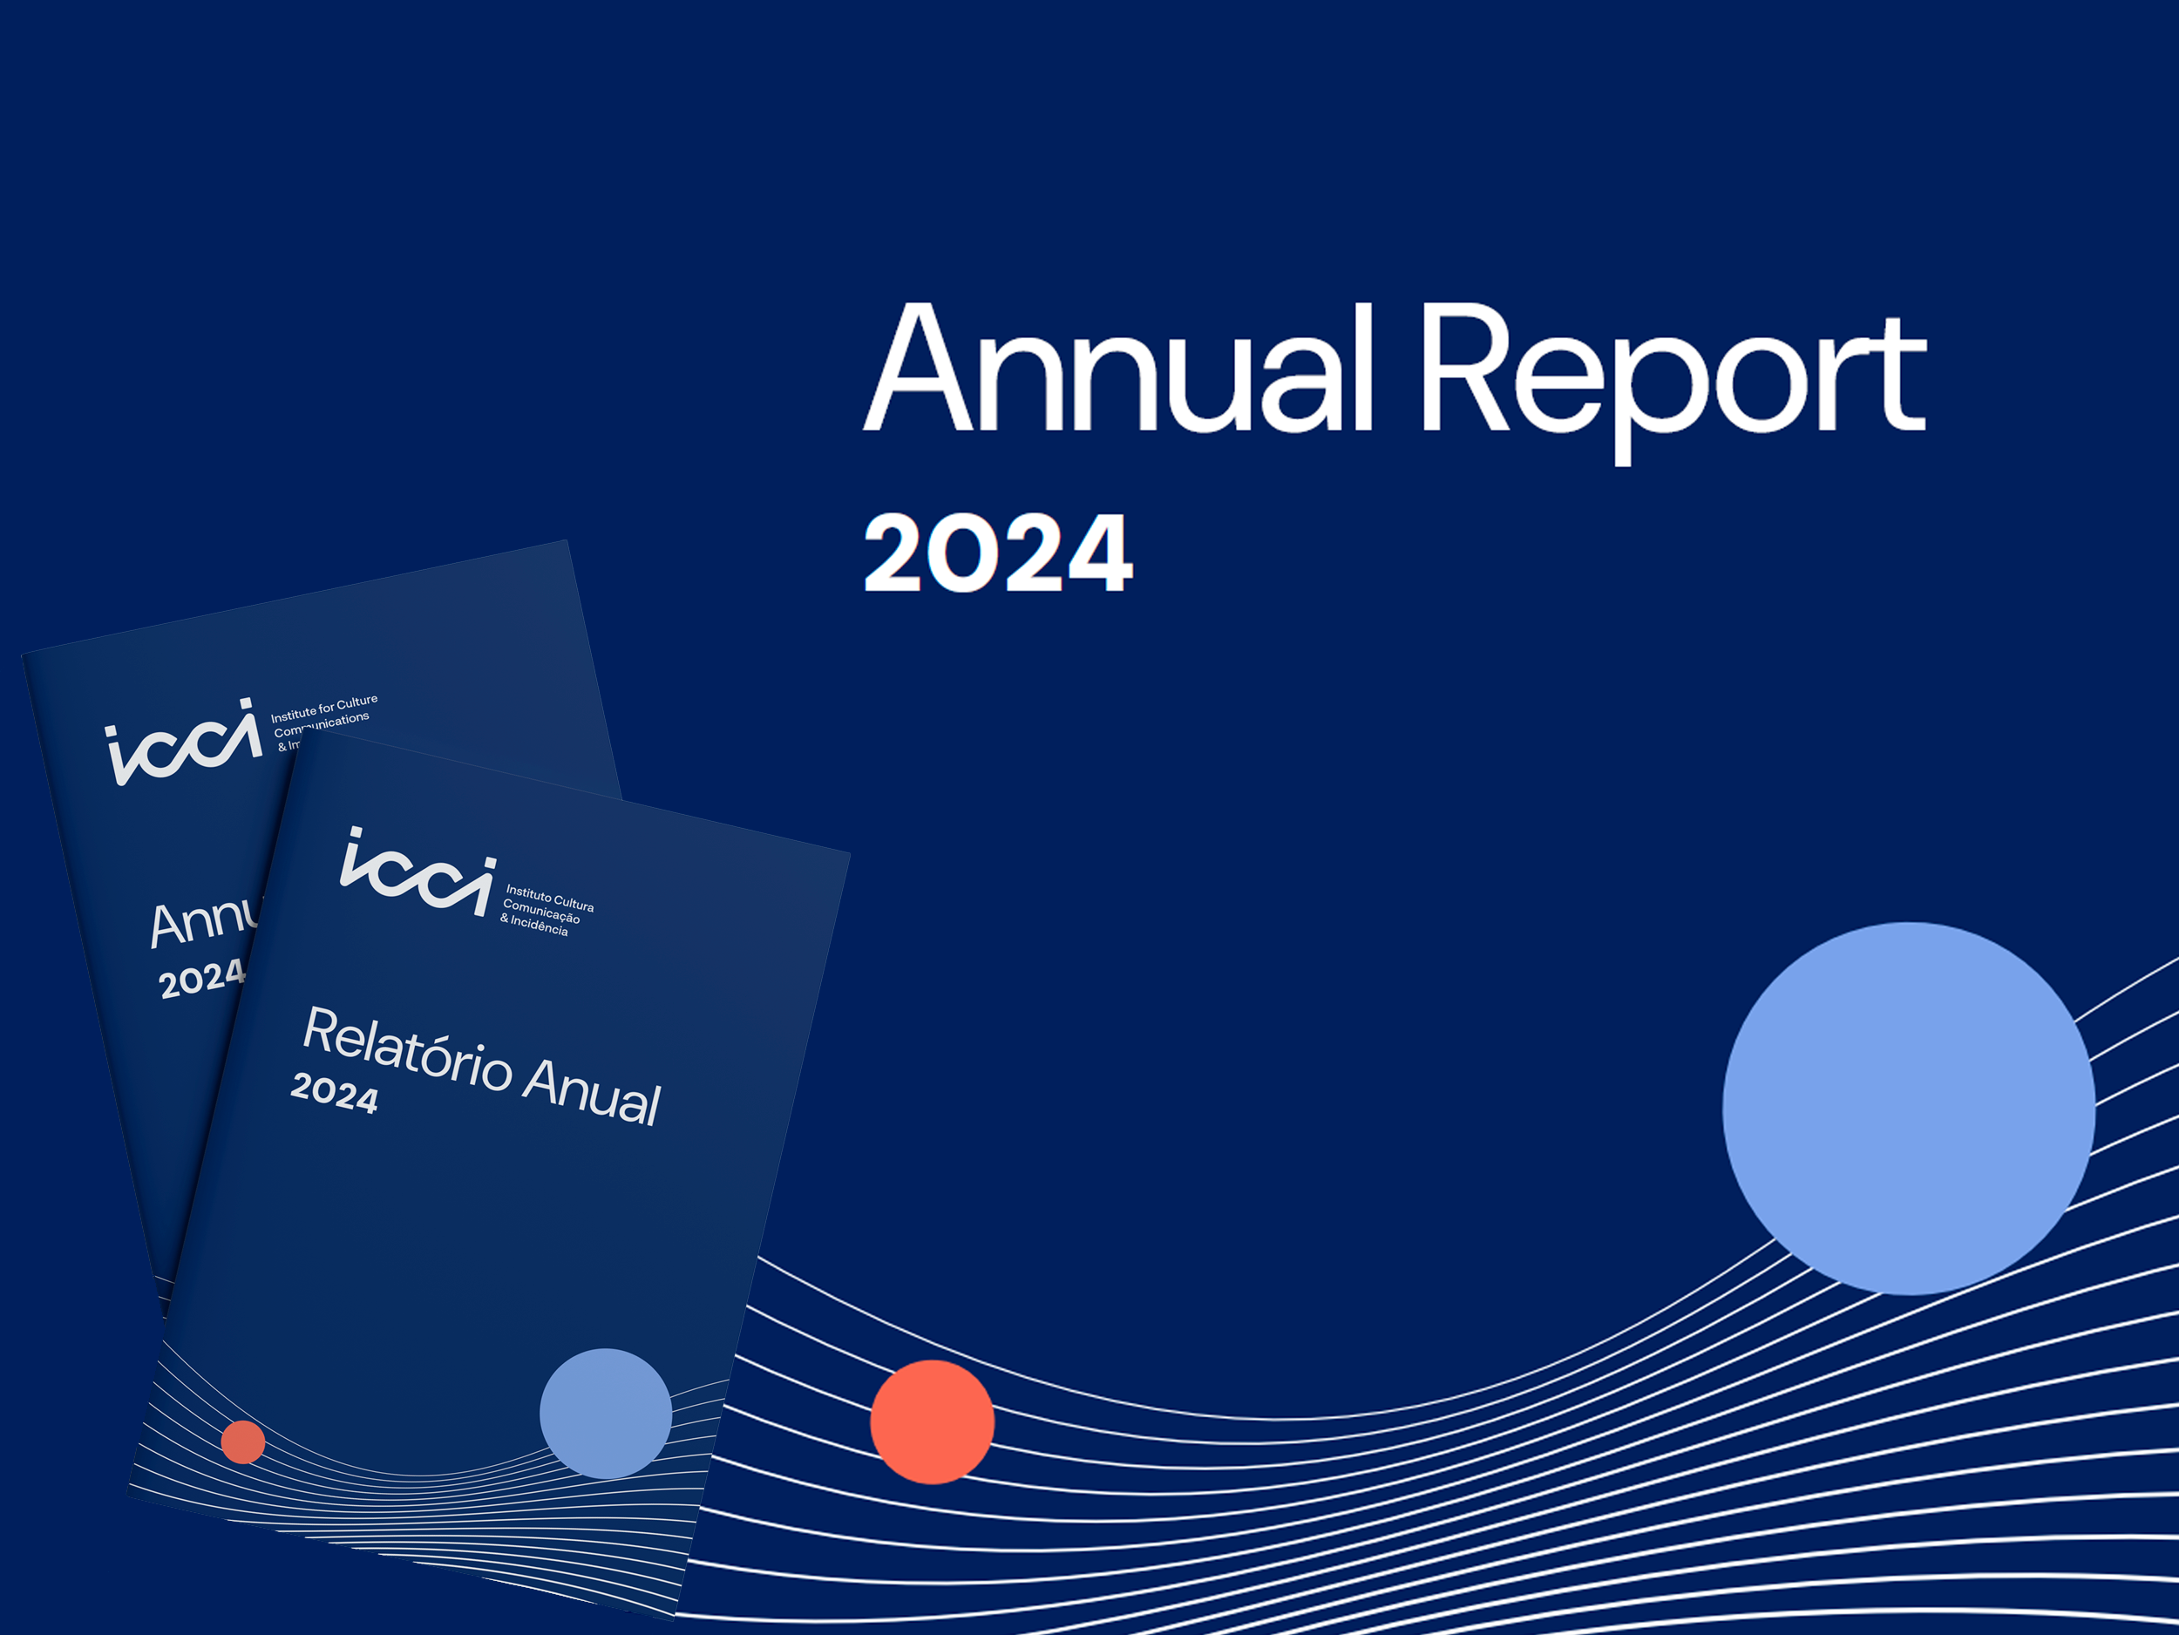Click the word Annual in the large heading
point(1118,370)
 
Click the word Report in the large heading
point(1672,374)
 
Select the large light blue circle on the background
point(1908,1108)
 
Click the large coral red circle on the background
point(932,1421)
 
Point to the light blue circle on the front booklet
point(605,1414)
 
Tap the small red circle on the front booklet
point(243,1442)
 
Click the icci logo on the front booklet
point(417,872)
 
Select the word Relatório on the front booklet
point(407,1050)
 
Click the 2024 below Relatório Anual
point(334,1093)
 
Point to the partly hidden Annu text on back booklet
point(203,922)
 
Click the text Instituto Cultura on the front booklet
point(550,899)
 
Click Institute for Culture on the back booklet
point(324,707)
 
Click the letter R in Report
point(1463,370)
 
